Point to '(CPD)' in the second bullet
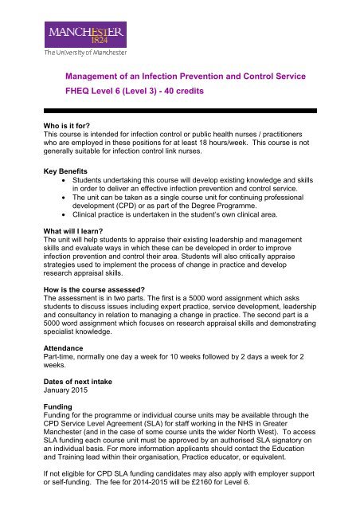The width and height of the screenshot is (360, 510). point(147,226)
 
